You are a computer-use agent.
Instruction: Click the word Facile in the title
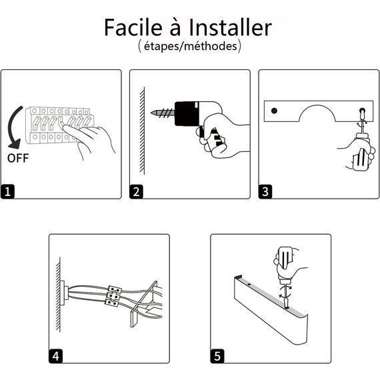(x=136, y=28)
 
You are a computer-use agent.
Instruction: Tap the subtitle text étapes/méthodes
(x=189, y=47)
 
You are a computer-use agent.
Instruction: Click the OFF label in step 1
(x=18, y=158)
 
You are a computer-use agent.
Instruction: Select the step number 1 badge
(x=8, y=192)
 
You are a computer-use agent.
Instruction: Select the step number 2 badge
(x=137, y=192)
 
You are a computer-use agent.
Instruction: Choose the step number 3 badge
(x=266, y=192)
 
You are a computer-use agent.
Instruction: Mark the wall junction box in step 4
(x=65, y=291)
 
